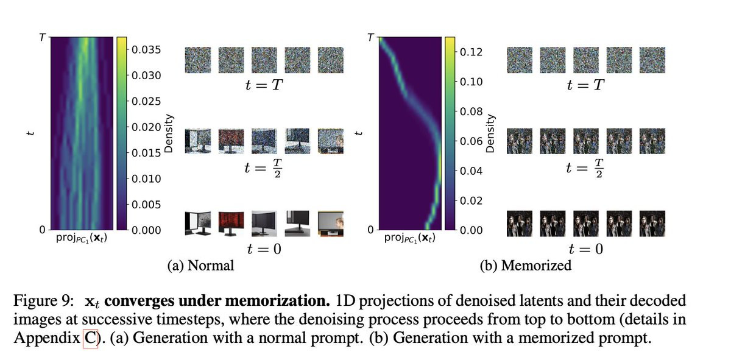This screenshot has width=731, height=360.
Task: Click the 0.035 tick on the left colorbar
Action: pos(146,49)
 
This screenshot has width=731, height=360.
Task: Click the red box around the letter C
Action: pos(90,339)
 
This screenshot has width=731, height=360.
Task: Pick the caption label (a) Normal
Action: pos(200,266)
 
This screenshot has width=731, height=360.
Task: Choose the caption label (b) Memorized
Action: pos(526,266)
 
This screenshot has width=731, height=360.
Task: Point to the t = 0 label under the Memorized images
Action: pos(586,249)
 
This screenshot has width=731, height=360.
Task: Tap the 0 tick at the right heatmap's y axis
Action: pos(370,230)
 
